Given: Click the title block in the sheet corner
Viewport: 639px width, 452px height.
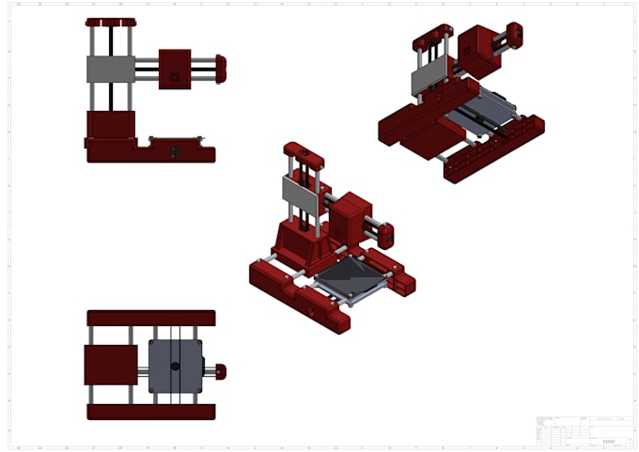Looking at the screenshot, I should [x=582, y=431].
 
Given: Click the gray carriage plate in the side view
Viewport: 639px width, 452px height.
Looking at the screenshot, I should [x=110, y=69].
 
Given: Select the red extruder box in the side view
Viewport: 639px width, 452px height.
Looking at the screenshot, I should [x=175, y=69].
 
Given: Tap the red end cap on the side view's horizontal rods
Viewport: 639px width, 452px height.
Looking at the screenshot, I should [x=221, y=69].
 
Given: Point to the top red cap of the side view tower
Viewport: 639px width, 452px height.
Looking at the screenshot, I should [x=110, y=22].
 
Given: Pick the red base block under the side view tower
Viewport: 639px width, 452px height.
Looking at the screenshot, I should [x=110, y=124].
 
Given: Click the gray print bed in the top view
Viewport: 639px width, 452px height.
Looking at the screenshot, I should [x=175, y=366].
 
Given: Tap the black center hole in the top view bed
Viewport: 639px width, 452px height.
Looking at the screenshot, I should [x=174, y=366].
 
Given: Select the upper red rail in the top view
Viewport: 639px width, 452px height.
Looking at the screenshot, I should [x=150, y=318].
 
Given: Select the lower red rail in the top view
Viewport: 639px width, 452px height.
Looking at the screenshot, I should [x=150, y=412].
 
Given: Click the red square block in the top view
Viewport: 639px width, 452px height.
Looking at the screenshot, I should [x=110, y=365].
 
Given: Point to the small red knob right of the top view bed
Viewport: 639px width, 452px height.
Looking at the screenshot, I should [x=221, y=370].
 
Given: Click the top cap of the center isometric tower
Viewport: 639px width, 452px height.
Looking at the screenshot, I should [x=304, y=153].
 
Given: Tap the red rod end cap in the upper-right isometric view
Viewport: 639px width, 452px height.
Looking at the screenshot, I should [x=514, y=35].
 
